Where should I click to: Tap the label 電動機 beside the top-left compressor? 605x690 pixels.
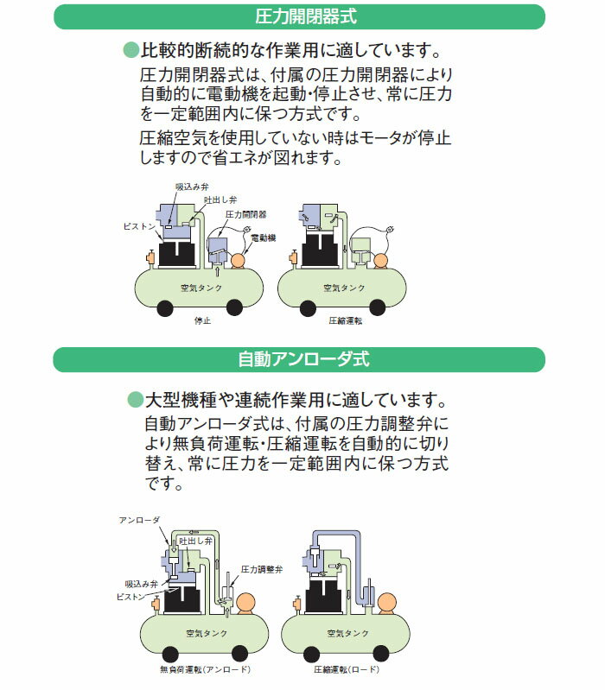263,237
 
